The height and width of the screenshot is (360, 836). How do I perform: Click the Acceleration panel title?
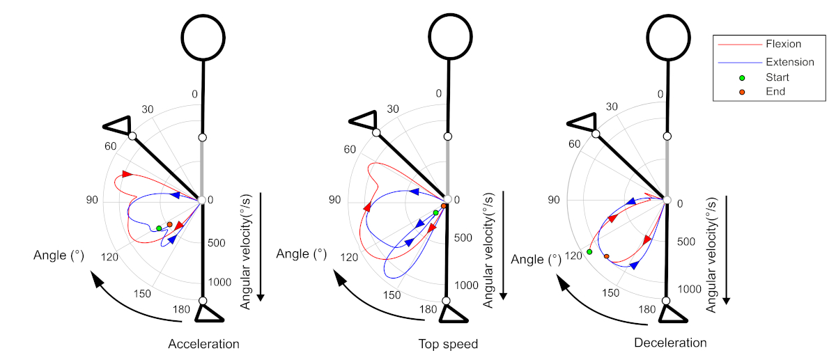(203, 344)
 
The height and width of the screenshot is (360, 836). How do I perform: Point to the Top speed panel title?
(448, 344)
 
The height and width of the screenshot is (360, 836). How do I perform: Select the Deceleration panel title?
(670, 343)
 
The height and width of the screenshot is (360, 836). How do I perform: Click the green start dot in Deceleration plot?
(589, 251)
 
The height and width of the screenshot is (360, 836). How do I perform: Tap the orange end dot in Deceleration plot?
(607, 257)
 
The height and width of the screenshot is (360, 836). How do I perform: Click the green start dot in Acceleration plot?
(159, 228)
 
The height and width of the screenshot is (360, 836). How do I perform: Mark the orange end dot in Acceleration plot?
(169, 224)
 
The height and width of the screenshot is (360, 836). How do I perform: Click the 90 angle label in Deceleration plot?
(553, 201)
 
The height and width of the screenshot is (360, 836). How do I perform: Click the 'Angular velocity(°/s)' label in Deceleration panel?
(711, 251)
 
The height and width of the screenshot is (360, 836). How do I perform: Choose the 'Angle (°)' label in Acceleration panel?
(59, 256)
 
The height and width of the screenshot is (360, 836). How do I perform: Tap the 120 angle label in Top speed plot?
(349, 258)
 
